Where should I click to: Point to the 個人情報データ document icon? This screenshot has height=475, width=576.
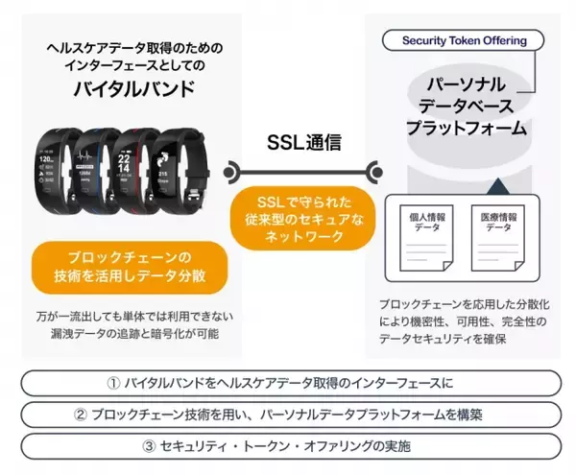pos(422,237)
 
